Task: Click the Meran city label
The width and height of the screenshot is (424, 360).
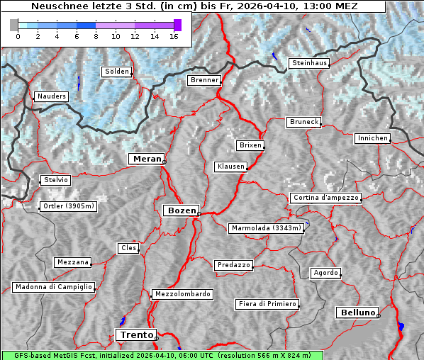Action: pos(147,159)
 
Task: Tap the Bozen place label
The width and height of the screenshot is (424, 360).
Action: pos(181,210)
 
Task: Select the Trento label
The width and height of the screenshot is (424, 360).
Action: pos(135,335)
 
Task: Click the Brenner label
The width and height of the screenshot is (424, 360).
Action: pos(204,81)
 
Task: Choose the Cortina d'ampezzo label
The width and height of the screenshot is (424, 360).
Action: pos(325,198)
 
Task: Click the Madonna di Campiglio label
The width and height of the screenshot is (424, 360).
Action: pos(53,287)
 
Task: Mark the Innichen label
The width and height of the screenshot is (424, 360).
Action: pos(372,138)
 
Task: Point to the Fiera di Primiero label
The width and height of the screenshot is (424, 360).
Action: pos(267,304)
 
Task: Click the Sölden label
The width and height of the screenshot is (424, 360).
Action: pos(117,72)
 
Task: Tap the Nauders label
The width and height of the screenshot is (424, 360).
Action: pos(52,96)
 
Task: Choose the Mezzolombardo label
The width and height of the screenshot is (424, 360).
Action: pos(182,294)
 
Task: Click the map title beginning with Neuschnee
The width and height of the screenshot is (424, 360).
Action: pos(194,6)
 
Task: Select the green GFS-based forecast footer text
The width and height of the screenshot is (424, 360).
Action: pos(162,355)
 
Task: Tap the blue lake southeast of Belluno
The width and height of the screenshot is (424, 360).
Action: pos(401,326)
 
